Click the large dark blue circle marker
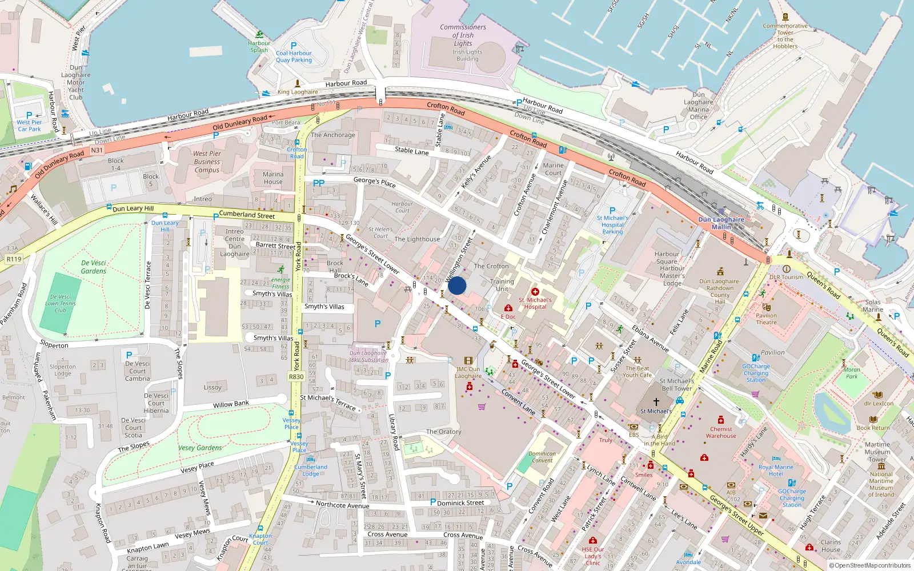(x=457, y=285)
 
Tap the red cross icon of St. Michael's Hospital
(x=535, y=292)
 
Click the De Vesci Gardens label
(x=94, y=267)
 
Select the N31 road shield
(x=97, y=151)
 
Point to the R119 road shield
(x=14, y=259)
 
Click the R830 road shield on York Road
(x=296, y=377)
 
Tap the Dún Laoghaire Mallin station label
(x=721, y=223)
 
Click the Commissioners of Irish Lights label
(x=463, y=35)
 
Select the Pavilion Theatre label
(x=766, y=319)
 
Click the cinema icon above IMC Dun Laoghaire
(x=468, y=361)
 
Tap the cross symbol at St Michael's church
(x=656, y=402)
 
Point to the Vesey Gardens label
(x=200, y=448)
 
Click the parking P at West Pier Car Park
(x=29, y=115)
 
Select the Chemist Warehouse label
(x=721, y=432)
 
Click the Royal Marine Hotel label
(x=776, y=471)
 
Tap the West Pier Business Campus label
(x=207, y=162)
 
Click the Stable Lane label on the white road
(x=411, y=151)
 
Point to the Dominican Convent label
(x=542, y=457)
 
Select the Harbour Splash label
(x=259, y=46)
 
